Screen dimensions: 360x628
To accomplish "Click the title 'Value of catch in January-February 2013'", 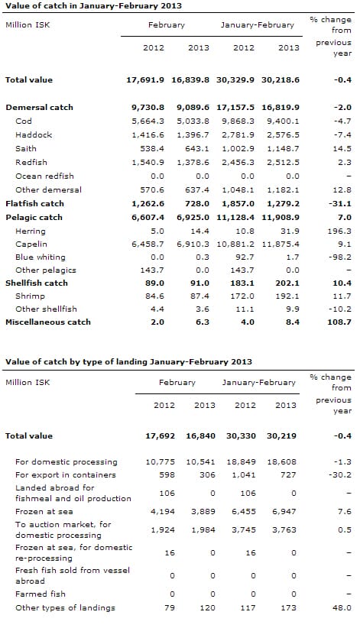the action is (x=93, y=5).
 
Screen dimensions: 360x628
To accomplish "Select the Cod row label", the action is (x=24, y=121).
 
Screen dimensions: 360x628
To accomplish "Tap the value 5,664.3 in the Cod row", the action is (x=148, y=121).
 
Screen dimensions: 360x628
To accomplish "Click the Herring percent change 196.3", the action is (x=339, y=231).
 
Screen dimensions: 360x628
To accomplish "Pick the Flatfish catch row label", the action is (x=34, y=203).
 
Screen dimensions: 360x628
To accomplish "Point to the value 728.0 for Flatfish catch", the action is (x=197, y=203).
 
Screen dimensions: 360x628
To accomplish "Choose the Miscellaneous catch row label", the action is (x=48, y=322).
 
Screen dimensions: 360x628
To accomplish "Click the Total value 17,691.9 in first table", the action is (x=145, y=79).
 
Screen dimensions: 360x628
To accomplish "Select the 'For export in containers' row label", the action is (x=66, y=475).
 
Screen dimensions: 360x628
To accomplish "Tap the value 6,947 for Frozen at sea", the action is (x=286, y=511).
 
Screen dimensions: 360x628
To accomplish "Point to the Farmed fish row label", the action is (x=41, y=594).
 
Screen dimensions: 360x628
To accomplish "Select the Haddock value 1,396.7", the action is (x=193, y=135).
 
